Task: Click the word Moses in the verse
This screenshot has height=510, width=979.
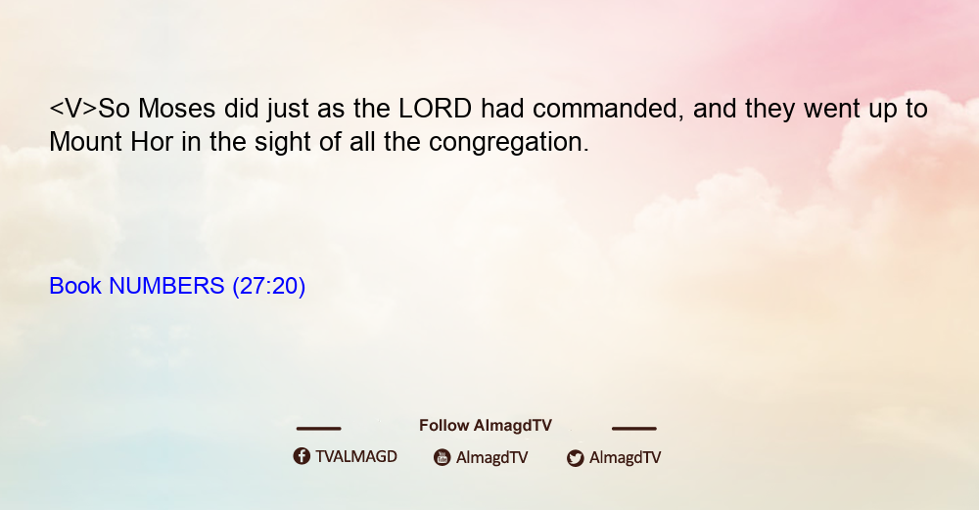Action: (x=176, y=109)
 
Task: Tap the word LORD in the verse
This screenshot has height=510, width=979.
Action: (x=436, y=109)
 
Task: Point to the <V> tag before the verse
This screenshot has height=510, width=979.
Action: (x=73, y=109)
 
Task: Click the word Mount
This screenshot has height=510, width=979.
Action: (x=85, y=142)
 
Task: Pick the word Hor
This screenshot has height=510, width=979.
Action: (x=152, y=142)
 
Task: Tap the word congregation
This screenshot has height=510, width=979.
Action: (x=509, y=143)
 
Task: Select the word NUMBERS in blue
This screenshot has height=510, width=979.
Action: (x=166, y=286)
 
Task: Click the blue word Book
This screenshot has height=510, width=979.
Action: (x=75, y=286)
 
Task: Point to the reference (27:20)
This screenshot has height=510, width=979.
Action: (x=269, y=287)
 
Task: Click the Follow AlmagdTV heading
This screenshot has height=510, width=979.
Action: (x=486, y=426)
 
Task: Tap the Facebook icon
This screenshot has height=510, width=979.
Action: (x=302, y=456)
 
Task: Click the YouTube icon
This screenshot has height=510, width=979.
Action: (x=443, y=457)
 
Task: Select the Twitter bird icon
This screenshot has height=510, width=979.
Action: (x=575, y=458)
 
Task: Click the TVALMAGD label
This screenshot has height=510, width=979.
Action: (x=356, y=457)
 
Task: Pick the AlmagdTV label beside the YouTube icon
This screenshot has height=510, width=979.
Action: (x=492, y=458)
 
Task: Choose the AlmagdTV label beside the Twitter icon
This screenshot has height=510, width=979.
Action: (x=625, y=458)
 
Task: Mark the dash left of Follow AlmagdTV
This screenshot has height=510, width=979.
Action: (x=318, y=428)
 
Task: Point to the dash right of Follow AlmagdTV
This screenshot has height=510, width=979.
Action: (x=634, y=428)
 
